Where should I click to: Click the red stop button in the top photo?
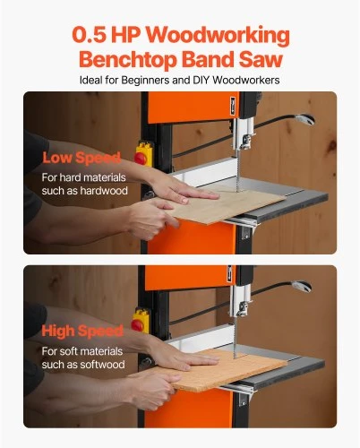point(140,159)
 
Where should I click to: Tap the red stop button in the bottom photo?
point(137,325)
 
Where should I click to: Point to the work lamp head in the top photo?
point(304,119)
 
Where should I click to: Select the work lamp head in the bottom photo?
point(302,286)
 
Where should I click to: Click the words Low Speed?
point(81,158)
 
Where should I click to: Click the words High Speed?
point(82,331)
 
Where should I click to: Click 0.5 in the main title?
point(90,35)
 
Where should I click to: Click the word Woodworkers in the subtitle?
point(246,80)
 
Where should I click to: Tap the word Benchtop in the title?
point(128,59)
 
